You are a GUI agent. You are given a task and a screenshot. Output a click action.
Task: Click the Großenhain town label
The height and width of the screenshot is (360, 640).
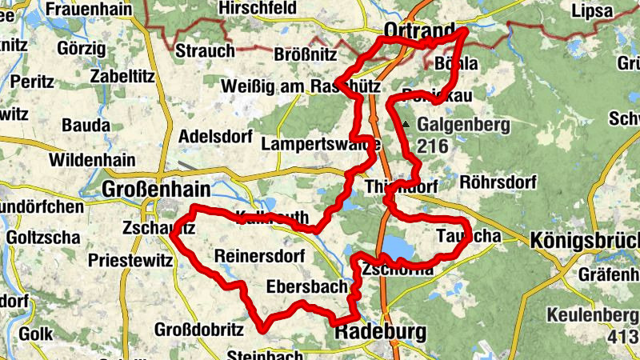(x=156, y=190)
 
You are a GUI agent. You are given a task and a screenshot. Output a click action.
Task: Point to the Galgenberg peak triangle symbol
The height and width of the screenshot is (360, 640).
(x=406, y=125)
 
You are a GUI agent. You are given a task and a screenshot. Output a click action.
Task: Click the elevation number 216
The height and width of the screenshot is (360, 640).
(x=432, y=146)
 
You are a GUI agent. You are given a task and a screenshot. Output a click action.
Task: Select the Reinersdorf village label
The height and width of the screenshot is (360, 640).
(x=260, y=256)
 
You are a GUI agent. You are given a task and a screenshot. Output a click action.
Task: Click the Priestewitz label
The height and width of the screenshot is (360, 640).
(x=131, y=260)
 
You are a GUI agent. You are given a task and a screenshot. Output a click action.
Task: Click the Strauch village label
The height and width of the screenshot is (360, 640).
(x=206, y=51)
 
